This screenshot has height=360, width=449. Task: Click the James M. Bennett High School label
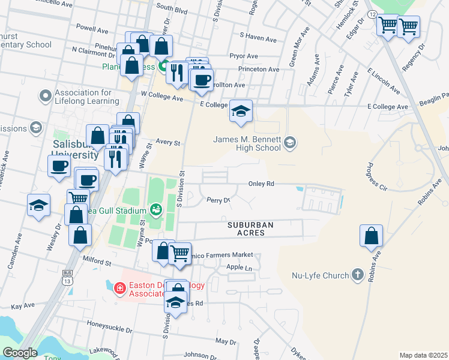point(247,143)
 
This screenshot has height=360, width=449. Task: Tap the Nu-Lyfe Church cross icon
point(358,275)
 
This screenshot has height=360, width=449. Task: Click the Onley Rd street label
point(262,184)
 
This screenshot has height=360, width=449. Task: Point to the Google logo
point(20,353)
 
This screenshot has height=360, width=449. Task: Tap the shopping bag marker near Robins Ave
point(372,235)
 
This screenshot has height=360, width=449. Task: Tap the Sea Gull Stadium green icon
point(157,209)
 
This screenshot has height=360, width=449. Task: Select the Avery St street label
point(168,143)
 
